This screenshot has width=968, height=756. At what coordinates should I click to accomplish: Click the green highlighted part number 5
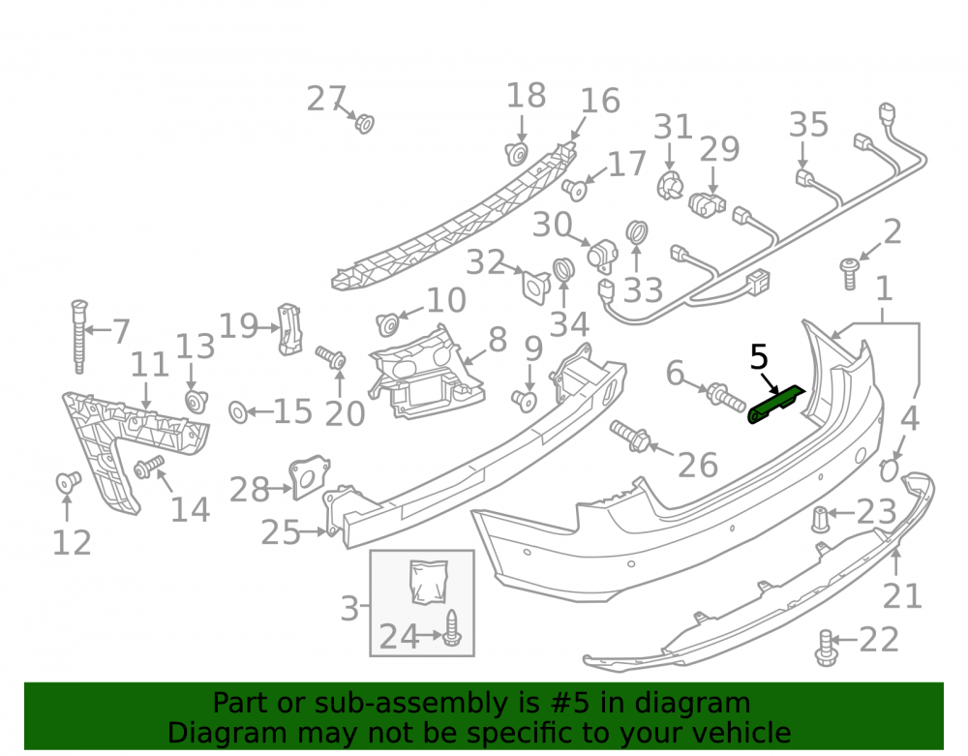tap(775, 405)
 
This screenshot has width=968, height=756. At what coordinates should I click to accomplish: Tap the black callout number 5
tap(759, 357)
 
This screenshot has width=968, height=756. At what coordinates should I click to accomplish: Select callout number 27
tap(326, 99)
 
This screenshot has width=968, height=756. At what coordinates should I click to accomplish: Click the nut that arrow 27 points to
tap(364, 124)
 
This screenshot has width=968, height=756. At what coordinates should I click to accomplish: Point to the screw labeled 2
tap(850, 273)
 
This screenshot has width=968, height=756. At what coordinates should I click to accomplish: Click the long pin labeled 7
tap(79, 336)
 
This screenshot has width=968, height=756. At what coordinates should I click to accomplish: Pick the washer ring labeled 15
tap(238, 411)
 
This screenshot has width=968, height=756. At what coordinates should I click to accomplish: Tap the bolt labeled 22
tap(826, 648)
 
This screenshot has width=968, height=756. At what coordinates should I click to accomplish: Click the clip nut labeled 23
tap(820, 519)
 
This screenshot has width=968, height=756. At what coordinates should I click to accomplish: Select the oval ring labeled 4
tap(889, 470)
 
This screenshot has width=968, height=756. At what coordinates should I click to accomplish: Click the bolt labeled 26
tap(629, 435)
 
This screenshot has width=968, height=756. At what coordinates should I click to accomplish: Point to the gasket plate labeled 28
tap(309, 476)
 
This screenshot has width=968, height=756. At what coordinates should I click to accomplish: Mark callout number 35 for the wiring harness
tap(808, 125)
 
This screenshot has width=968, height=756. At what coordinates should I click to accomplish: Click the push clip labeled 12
tap(68, 481)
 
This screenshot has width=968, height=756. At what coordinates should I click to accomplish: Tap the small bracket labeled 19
tap(289, 329)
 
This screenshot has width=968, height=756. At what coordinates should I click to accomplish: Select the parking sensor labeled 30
tap(603, 255)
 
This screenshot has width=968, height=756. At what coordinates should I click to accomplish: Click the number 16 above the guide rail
tap(600, 101)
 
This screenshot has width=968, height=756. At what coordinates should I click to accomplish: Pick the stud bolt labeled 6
tap(726, 396)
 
